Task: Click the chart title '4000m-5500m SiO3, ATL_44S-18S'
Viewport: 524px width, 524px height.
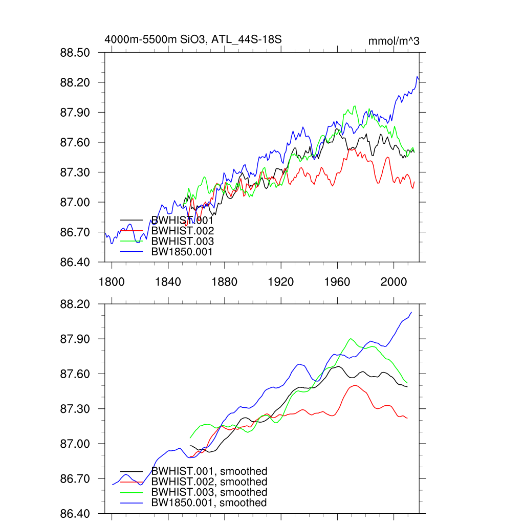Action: (x=193, y=39)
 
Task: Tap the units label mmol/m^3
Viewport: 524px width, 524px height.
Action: (x=394, y=41)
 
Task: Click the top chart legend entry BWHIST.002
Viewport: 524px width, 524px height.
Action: (x=182, y=231)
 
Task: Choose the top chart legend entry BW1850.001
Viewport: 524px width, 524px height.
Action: (x=182, y=251)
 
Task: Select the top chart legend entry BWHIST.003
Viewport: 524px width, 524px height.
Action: (x=182, y=241)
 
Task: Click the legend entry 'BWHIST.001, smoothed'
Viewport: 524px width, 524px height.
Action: (x=209, y=471)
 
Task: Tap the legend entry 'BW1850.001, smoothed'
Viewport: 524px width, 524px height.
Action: (x=209, y=503)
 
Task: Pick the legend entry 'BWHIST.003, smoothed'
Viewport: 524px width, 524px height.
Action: (x=209, y=492)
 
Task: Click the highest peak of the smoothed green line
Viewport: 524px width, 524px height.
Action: (x=351, y=339)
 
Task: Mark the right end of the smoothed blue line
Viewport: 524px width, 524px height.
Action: (x=411, y=312)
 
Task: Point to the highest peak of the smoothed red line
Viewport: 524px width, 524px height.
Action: (x=355, y=385)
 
